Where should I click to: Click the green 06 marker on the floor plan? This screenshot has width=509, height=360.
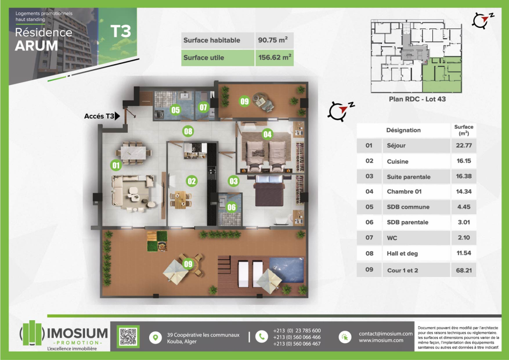[232, 207]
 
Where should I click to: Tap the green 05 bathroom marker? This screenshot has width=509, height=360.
[175, 110]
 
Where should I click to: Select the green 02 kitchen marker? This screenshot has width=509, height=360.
[191, 181]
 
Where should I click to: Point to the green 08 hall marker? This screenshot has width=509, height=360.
[188, 131]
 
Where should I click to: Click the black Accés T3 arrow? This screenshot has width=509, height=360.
[117, 116]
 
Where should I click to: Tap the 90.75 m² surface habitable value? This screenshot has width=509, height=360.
[273, 40]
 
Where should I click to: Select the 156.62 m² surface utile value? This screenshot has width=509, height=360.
[274, 58]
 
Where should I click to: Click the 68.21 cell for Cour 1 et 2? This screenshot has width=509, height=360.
[464, 270]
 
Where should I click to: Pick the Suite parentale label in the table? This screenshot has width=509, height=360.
[409, 177]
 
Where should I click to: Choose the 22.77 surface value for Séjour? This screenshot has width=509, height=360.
[464, 145]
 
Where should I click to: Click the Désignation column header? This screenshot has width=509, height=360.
[403, 130]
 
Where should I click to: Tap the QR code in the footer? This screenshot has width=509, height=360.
[128, 337]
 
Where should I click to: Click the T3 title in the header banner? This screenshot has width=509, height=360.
[120, 31]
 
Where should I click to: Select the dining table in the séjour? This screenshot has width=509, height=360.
[133, 153]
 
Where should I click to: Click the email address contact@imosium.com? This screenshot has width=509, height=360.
[386, 333]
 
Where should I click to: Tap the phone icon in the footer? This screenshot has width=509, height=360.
[261, 337]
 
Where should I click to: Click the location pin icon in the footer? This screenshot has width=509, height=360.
[156, 338]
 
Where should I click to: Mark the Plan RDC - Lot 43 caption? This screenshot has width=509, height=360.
[417, 99]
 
